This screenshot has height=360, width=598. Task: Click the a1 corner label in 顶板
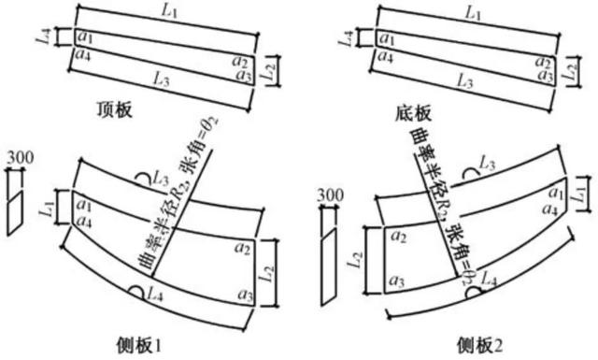(85, 37)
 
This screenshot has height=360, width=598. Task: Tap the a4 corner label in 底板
(385, 53)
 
